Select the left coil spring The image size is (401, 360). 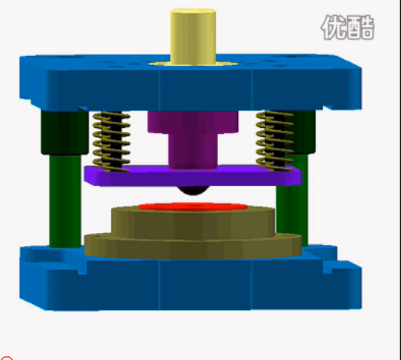(x=110, y=139)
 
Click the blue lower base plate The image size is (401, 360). (x=191, y=283)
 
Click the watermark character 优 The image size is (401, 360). (x=334, y=28)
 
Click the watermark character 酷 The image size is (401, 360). (x=360, y=28)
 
